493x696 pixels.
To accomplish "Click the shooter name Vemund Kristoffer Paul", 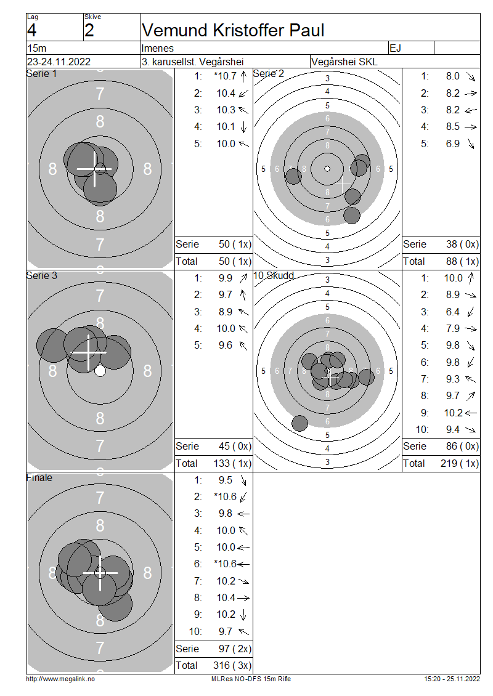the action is pyautogui.click(x=233, y=30).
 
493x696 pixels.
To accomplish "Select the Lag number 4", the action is pyautogui.click(x=31, y=30).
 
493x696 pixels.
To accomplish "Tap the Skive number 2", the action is pyautogui.click(x=89, y=30).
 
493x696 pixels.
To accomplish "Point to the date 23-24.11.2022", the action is pyautogui.click(x=59, y=62).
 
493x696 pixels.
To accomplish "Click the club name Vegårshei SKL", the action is pyautogui.click(x=344, y=62).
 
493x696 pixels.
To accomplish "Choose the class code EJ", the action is pyautogui.click(x=395, y=48).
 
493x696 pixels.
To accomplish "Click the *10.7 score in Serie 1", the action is pyautogui.click(x=225, y=76).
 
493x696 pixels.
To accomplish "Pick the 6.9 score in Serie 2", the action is pyautogui.click(x=452, y=144).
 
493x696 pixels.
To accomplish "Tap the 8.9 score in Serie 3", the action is pyautogui.click(x=225, y=312).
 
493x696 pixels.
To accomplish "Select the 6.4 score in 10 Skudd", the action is pyautogui.click(x=452, y=312).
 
